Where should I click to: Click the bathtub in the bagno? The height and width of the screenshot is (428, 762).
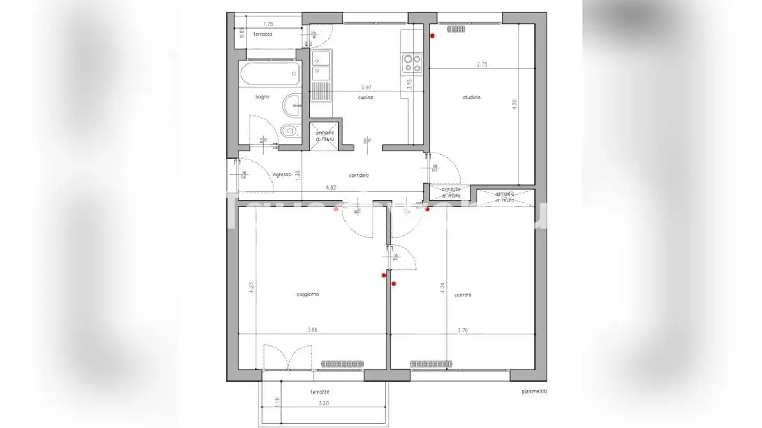[269, 75]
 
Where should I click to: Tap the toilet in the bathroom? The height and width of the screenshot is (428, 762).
[289, 131]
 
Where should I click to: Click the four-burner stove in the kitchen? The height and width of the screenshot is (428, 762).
[413, 63]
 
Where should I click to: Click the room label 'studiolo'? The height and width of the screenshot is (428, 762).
[471, 97]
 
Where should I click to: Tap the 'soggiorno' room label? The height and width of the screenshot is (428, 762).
[307, 294]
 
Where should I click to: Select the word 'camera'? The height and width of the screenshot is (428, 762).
[462, 295]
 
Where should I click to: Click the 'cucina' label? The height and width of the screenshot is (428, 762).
[365, 97]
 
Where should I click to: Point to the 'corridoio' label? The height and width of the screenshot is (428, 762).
[359, 175]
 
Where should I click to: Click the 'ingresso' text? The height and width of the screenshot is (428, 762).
[282, 175]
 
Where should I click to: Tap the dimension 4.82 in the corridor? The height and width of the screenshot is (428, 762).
[331, 187]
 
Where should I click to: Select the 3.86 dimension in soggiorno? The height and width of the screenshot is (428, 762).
[313, 330]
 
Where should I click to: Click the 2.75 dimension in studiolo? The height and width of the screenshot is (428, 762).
[482, 64]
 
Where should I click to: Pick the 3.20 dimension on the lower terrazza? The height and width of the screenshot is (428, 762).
[323, 403]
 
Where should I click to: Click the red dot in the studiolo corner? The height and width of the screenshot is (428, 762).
[432, 36]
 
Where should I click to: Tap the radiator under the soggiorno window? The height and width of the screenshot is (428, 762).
[342, 364]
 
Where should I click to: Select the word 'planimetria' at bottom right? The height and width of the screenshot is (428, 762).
[533, 392]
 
